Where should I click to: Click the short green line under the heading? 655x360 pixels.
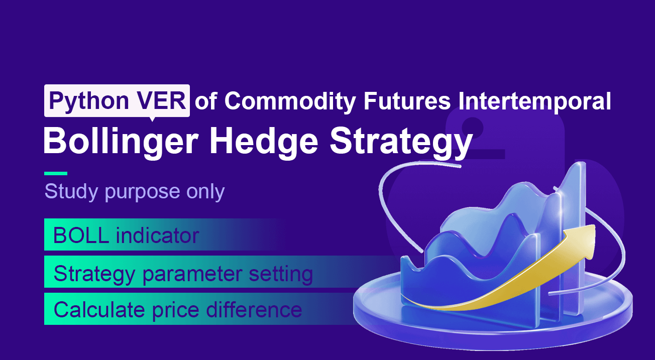pyautogui.click(x=56, y=173)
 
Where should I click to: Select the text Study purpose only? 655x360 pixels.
pyautogui.click(x=134, y=191)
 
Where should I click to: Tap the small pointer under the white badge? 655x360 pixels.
pyautogui.click(x=151, y=119)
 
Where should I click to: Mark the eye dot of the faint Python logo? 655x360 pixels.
pyautogui.click(x=471, y=124)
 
